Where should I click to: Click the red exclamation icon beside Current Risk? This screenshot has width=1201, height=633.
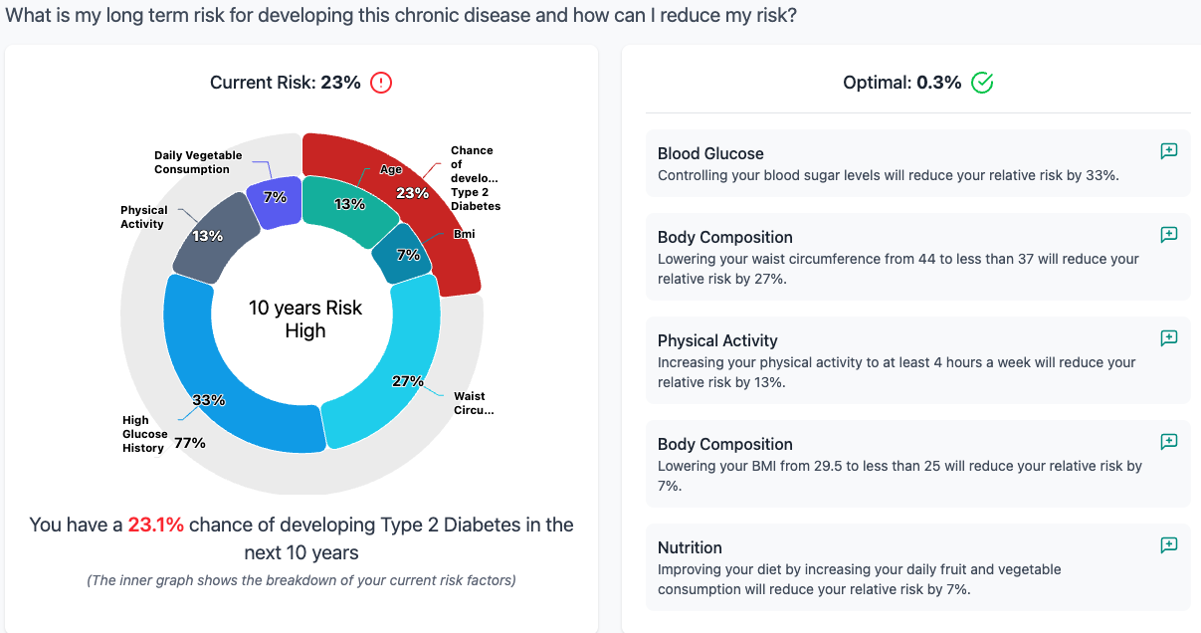(381, 83)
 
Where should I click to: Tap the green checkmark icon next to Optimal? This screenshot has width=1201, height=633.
(982, 83)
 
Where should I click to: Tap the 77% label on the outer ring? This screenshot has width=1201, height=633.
(190, 443)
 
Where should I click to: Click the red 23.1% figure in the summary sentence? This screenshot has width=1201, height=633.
(155, 525)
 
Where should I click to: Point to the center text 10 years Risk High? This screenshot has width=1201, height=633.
(304, 319)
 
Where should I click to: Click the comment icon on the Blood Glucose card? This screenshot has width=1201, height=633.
(1169, 151)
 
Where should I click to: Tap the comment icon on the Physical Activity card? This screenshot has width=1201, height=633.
(1169, 338)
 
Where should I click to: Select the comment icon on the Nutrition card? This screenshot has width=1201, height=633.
(1169, 545)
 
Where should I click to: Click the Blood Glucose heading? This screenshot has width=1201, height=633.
(710, 153)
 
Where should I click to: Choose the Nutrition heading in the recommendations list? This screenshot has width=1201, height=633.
(690, 547)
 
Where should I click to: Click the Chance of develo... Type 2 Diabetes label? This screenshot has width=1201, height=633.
(474, 178)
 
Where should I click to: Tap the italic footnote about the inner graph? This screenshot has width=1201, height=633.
(300, 580)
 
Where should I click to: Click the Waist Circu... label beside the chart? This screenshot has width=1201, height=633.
(473, 403)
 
